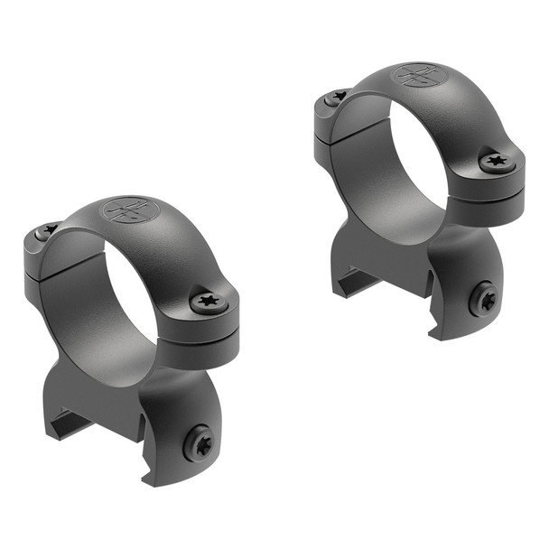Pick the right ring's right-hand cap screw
496,163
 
